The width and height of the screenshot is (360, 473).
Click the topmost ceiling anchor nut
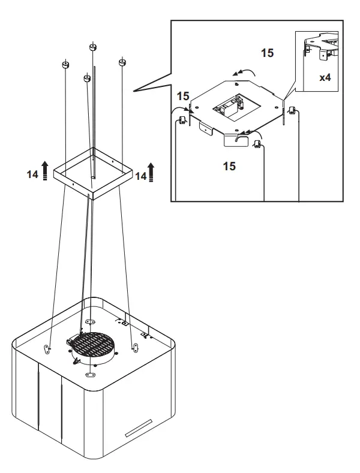coord(93,47)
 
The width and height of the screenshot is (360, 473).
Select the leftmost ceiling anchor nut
coord(66,64)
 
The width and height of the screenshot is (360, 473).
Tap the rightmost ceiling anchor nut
coord(122,62)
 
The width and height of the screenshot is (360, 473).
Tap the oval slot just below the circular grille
coord(91,375)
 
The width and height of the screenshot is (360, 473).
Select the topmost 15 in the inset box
coord(267,53)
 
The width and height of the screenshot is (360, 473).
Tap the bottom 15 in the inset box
coord(229,165)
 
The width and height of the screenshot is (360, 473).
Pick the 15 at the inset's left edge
coord(183,96)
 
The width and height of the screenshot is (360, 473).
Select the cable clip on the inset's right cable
coord(292,110)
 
